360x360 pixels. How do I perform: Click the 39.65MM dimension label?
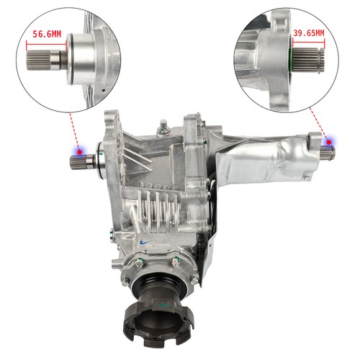(309, 32)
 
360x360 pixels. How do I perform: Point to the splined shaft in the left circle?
(42, 56)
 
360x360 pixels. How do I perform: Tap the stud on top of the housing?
(163, 130)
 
